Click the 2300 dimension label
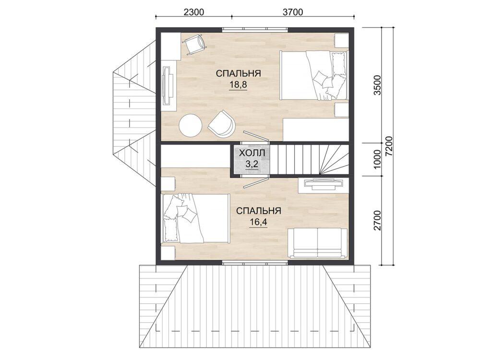coord(193,12)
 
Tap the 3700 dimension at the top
coord(293,12)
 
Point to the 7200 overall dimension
coord(389,146)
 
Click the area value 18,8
coord(238,85)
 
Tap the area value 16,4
coord(258,222)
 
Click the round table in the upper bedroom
coord(191,125)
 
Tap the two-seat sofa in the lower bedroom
coord(317,243)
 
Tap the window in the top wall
coord(255,30)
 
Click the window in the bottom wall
coord(255,263)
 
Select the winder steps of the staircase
coord(334,159)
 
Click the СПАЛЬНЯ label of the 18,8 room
coord(238,73)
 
